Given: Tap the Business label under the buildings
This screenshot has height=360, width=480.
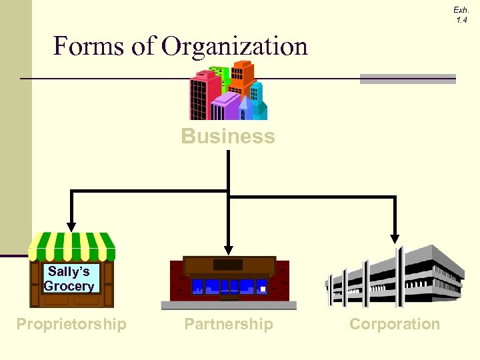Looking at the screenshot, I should coord(227,136).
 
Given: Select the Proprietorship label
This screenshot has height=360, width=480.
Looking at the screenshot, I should coord(71,324).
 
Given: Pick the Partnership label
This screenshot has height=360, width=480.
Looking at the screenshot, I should coord(229,324).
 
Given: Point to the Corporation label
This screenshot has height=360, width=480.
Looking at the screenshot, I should coord(395,324).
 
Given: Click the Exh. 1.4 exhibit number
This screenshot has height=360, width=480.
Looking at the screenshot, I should coord(461,15).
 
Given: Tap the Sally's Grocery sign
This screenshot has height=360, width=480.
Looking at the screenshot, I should coord(69,279).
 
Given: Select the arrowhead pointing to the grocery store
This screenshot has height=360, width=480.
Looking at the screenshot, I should coord(71,227).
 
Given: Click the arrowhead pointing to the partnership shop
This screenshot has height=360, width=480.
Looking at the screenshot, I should coord(229,251).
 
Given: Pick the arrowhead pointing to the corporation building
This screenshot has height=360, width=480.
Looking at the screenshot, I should coord(395,238).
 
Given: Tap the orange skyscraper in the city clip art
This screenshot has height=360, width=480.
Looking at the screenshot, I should coord(243,77).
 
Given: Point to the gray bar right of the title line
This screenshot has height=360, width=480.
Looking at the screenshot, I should coord(407,79).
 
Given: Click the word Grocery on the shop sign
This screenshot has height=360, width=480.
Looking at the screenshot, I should coord(69,287).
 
